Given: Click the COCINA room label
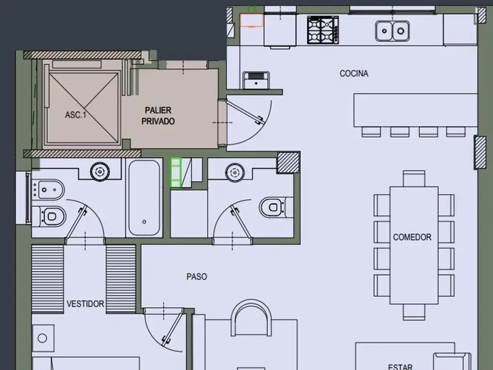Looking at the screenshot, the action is (x=354, y=73).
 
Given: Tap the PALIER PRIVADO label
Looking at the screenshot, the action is (x=158, y=116).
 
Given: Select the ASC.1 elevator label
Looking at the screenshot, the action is (x=76, y=115).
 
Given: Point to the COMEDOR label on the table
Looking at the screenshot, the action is (x=412, y=237).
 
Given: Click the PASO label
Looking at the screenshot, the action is (x=197, y=277).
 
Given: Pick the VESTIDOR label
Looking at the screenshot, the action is (x=85, y=304).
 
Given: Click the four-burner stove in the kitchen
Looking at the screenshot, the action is (x=323, y=30).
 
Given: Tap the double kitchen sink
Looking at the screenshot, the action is (x=392, y=31).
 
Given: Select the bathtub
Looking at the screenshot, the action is (x=144, y=198).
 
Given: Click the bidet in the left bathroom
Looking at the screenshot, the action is (x=49, y=190).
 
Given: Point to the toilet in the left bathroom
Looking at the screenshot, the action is (x=50, y=216).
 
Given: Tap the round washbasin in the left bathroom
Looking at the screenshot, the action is (x=100, y=172).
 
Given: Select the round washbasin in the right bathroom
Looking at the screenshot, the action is (x=234, y=172).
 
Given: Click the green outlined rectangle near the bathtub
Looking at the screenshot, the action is (x=176, y=173).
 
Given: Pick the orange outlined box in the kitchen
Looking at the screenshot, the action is (x=251, y=20).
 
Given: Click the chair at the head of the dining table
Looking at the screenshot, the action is (x=414, y=178).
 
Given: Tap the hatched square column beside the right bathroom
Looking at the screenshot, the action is (x=288, y=163).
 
